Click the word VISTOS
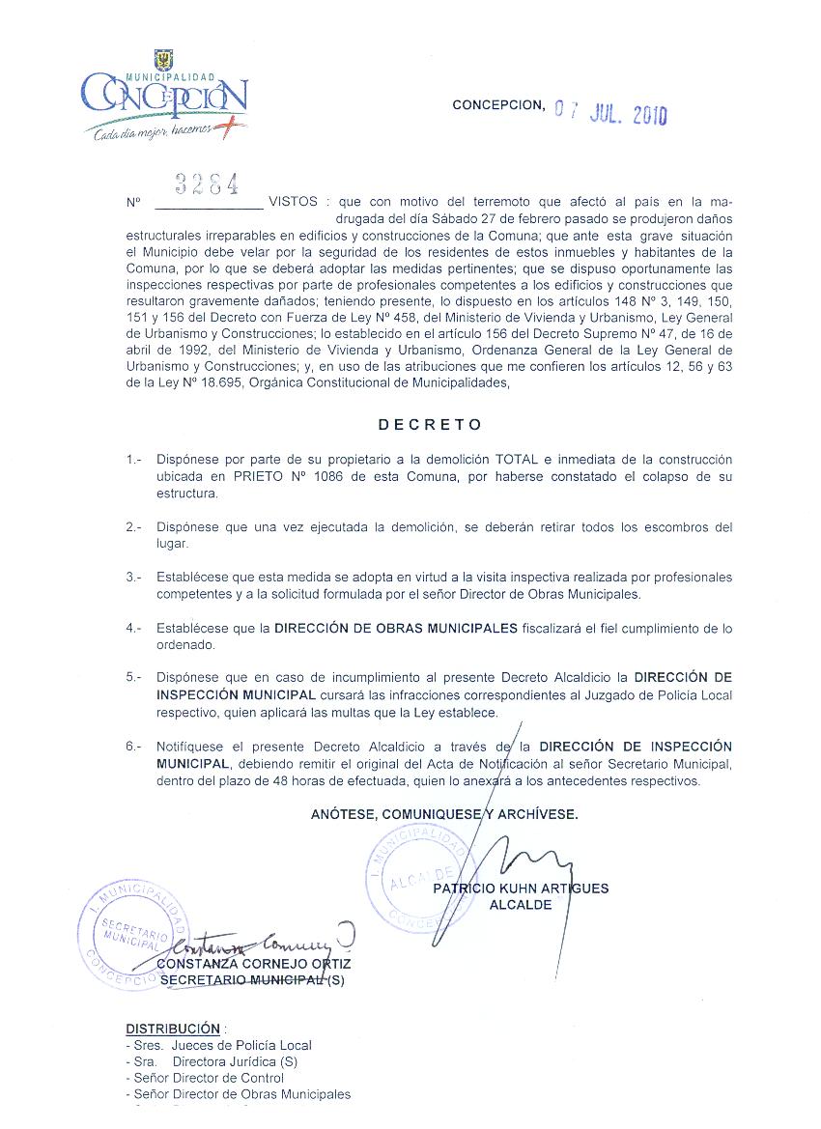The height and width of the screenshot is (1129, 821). point(293,203)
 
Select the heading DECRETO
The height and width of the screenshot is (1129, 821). point(430,424)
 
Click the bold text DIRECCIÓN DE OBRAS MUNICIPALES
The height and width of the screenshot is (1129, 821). point(396,628)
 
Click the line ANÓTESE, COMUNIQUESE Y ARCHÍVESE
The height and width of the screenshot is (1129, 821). point(444,814)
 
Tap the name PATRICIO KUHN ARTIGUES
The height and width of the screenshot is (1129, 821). point(521,889)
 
